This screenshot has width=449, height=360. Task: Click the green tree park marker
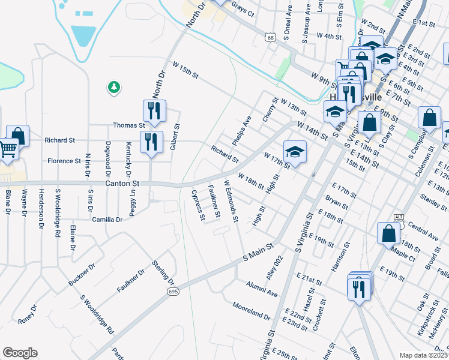(x=113, y=88)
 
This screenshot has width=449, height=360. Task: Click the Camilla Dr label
(x=107, y=220)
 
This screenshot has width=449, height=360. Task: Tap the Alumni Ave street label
(x=262, y=291)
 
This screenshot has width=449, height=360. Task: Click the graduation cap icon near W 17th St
(x=295, y=151)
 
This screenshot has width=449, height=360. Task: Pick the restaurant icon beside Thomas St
(x=154, y=111)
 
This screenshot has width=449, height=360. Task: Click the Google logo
(x=20, y=353)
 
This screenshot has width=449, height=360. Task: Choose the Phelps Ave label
(x=246, y=127)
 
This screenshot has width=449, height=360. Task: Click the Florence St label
(x=64, y=161)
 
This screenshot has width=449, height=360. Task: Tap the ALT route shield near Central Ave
(x=399, y=216)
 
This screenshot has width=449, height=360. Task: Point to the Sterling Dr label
(x=163, y=274)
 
